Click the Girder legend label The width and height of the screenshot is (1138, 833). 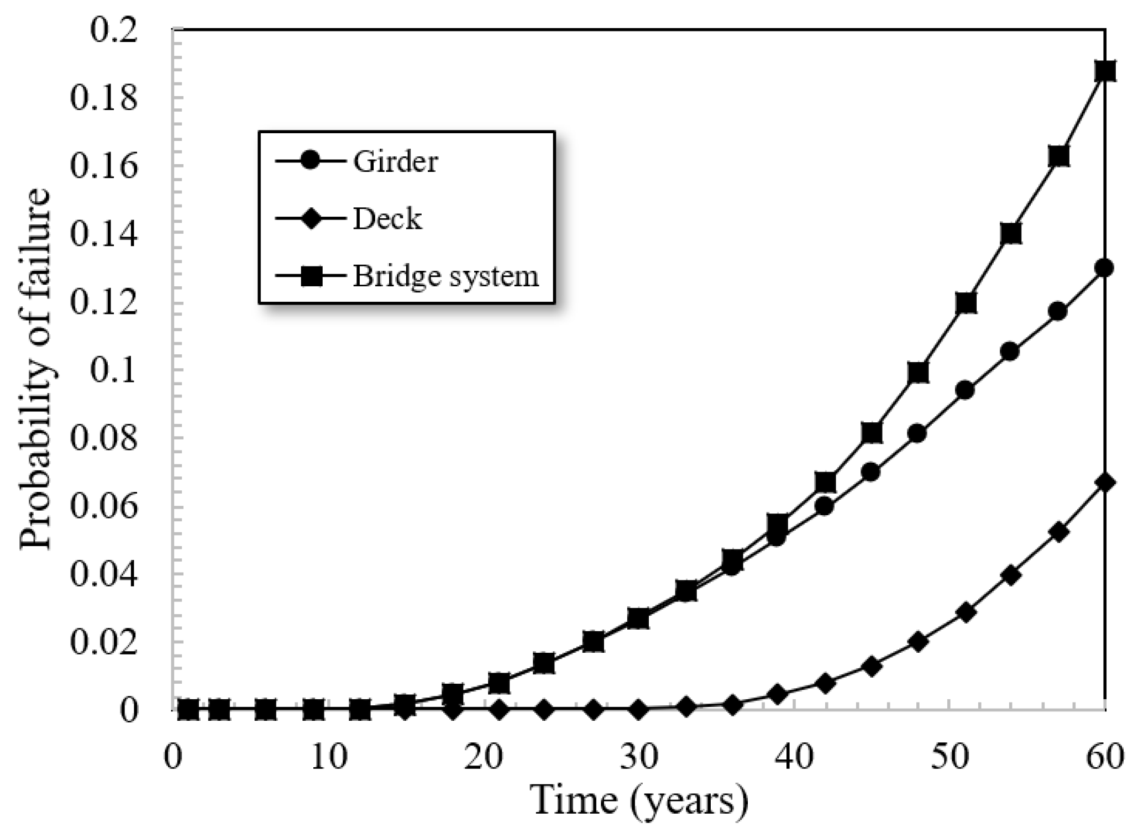pos(395,162)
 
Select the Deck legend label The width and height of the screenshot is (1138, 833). pos(387,219)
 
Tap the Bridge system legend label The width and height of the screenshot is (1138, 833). pos(445,276)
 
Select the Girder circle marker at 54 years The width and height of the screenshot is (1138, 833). pos(1010,352)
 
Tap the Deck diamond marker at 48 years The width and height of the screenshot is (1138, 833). pos(918,642)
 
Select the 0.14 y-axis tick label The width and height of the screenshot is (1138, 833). pos(103,235)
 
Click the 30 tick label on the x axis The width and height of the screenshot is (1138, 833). pos(638,756)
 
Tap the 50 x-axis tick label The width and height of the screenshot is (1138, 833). pos(949,756)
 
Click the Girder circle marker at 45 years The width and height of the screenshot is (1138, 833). pos(871,473)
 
